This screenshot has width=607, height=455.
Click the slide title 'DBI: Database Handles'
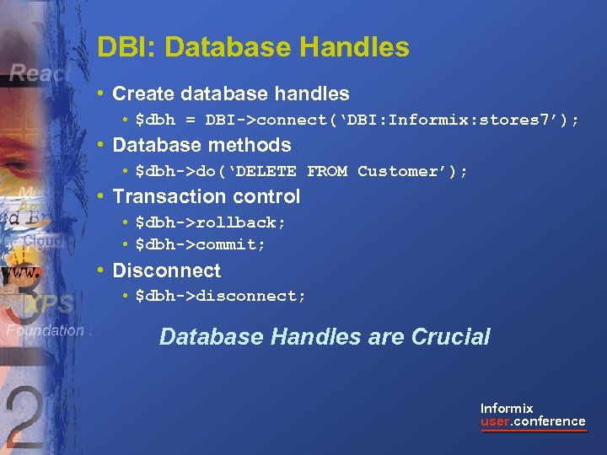(253, 47)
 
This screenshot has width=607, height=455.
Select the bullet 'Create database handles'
(230, 94)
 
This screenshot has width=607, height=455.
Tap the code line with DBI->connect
(357, 120)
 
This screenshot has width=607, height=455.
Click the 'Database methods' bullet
(201, 145)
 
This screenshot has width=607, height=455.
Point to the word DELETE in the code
(265, 171)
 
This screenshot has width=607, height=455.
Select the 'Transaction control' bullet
(206, 196)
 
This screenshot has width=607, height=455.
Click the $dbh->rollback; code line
(211, 222)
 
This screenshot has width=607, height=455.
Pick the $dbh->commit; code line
(201, 244)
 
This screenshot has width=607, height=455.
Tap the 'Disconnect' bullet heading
(166, 270)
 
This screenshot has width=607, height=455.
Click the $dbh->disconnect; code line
(221, 297)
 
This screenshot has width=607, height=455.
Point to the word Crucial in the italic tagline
(450, 337)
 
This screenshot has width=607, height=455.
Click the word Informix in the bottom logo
(507, 409)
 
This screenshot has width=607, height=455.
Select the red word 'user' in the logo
(495, 421)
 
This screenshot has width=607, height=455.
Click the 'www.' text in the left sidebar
(20, 274)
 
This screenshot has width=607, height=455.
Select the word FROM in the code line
(327, 171)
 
